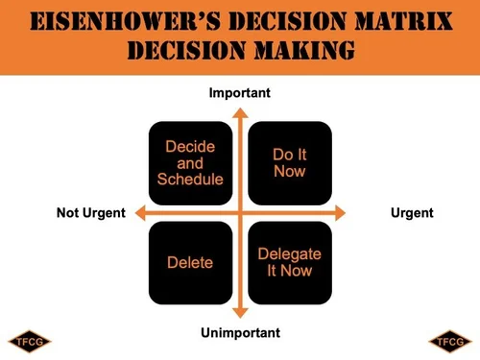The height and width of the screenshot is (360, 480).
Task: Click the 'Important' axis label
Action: [240, 93]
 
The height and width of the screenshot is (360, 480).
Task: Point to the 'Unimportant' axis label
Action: [240, 333]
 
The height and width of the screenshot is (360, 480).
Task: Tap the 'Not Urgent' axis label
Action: [91, 212]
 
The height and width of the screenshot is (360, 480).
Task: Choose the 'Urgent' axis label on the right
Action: [413, 212]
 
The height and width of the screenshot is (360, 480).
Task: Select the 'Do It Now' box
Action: [290, 162]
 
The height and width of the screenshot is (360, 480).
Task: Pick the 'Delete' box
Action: [190, 262]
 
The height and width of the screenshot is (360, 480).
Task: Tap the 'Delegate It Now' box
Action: [290, 262]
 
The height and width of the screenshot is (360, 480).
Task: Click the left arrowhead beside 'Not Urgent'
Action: [139, 212]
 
